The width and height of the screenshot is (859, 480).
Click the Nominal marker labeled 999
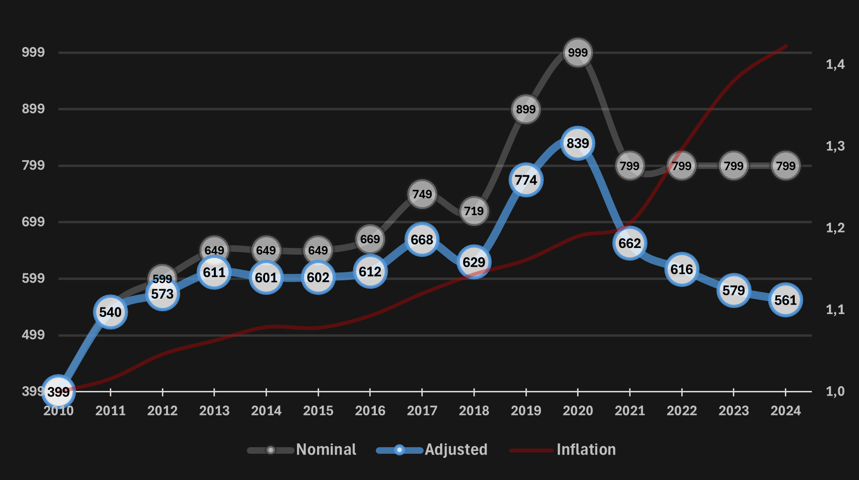coord(578,52)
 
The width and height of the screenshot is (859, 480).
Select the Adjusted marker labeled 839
coord(578,143)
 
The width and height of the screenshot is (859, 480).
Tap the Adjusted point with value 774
coord(525,180)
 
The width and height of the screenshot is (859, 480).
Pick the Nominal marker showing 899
coord(525,109)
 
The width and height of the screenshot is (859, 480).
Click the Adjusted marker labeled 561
coord(785,300)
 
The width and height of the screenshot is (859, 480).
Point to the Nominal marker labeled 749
coord(422,194)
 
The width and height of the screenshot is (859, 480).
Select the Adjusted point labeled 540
coord(110,312)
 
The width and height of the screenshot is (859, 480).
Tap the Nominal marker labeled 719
coord(474,211)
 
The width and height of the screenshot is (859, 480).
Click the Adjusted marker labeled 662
coord(630,243)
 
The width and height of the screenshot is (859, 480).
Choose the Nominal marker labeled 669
coord(370,239)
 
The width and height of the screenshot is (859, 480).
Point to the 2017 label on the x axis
coord(422,411)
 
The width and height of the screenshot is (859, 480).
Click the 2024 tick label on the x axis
coord(785,411)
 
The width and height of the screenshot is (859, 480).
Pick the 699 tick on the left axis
coord(33,222)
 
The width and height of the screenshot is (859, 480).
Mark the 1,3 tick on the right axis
coord(835,146)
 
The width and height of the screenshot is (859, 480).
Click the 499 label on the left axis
coord(33,335)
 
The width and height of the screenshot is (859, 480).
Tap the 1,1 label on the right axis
coord(835,309)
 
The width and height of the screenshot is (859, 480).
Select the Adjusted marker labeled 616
coord(681,270)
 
